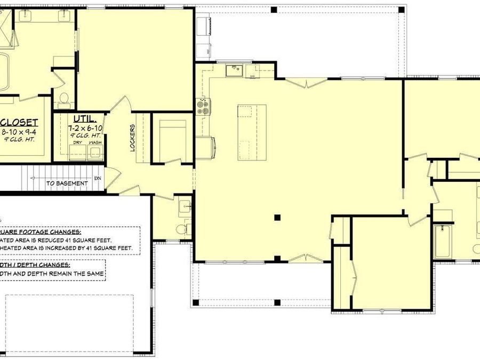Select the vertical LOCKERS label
(132, 138)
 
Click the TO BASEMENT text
(67, 183)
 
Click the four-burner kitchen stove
(203, 106)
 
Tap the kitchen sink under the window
(234, 69)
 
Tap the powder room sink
(185, 205)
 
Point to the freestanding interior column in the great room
(277, 217)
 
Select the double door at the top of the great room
(307, 82)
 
